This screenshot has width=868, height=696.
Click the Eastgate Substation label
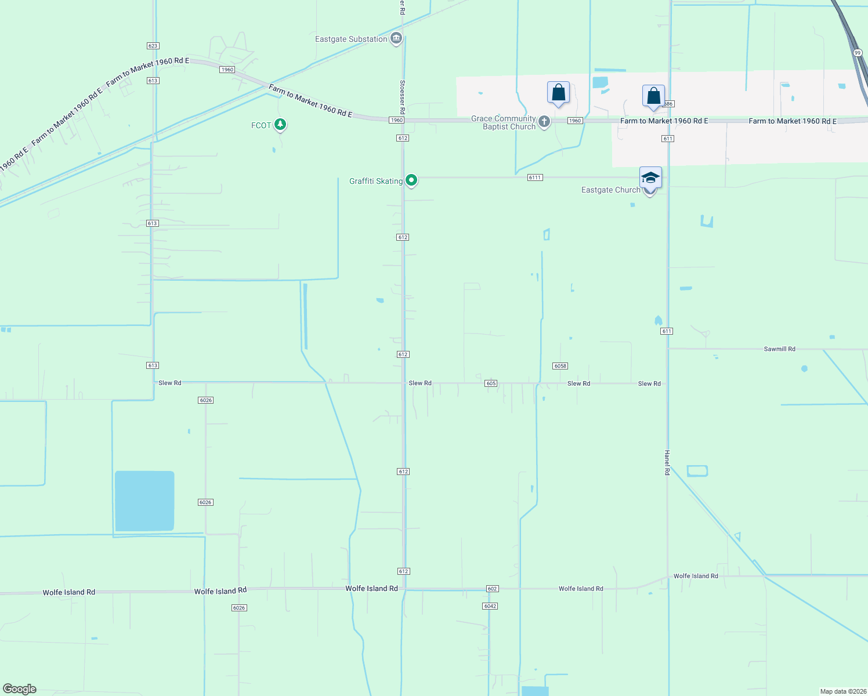(x=351, y=39)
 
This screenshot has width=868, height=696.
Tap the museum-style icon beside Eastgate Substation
(x=396, y=39)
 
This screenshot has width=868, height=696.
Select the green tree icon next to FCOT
(x=280, y=124)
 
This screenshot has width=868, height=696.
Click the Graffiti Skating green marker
(x=411, y=180)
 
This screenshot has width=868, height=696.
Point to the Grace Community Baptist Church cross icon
(x=544, y=121)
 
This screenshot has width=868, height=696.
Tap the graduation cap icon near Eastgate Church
(x=650, y=178)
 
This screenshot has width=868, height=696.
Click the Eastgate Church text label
(x=610, y=190)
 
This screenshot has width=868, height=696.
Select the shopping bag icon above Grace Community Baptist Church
(x=558, y=93)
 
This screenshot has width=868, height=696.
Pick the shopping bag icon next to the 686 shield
(x=653, y=96)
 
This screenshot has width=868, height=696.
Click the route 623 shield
(x=153, y=46)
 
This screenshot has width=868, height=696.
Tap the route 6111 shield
(x=535, y=177)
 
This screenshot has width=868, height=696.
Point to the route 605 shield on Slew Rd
(x=491, y=383)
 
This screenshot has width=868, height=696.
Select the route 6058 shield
(x=560, y=366)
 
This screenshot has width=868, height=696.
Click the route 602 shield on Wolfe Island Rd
(x=492, y=589)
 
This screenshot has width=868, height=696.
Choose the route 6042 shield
(x=490, y=606)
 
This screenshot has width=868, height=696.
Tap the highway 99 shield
(x=858, y=53)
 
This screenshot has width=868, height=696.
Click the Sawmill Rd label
(x=779, y=349)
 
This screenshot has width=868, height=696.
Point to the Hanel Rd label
(x=667, y=463)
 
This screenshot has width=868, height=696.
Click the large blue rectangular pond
(x=144, y=501)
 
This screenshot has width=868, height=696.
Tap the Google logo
(x=20, y=689)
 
